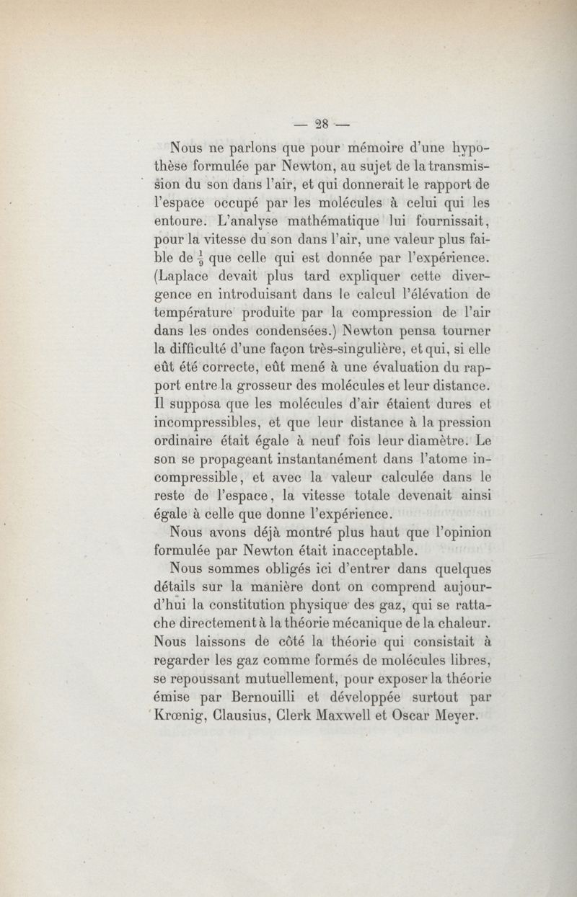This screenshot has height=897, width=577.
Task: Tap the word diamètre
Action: (415, 439)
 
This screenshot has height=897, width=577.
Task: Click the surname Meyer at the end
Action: (462, 716)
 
